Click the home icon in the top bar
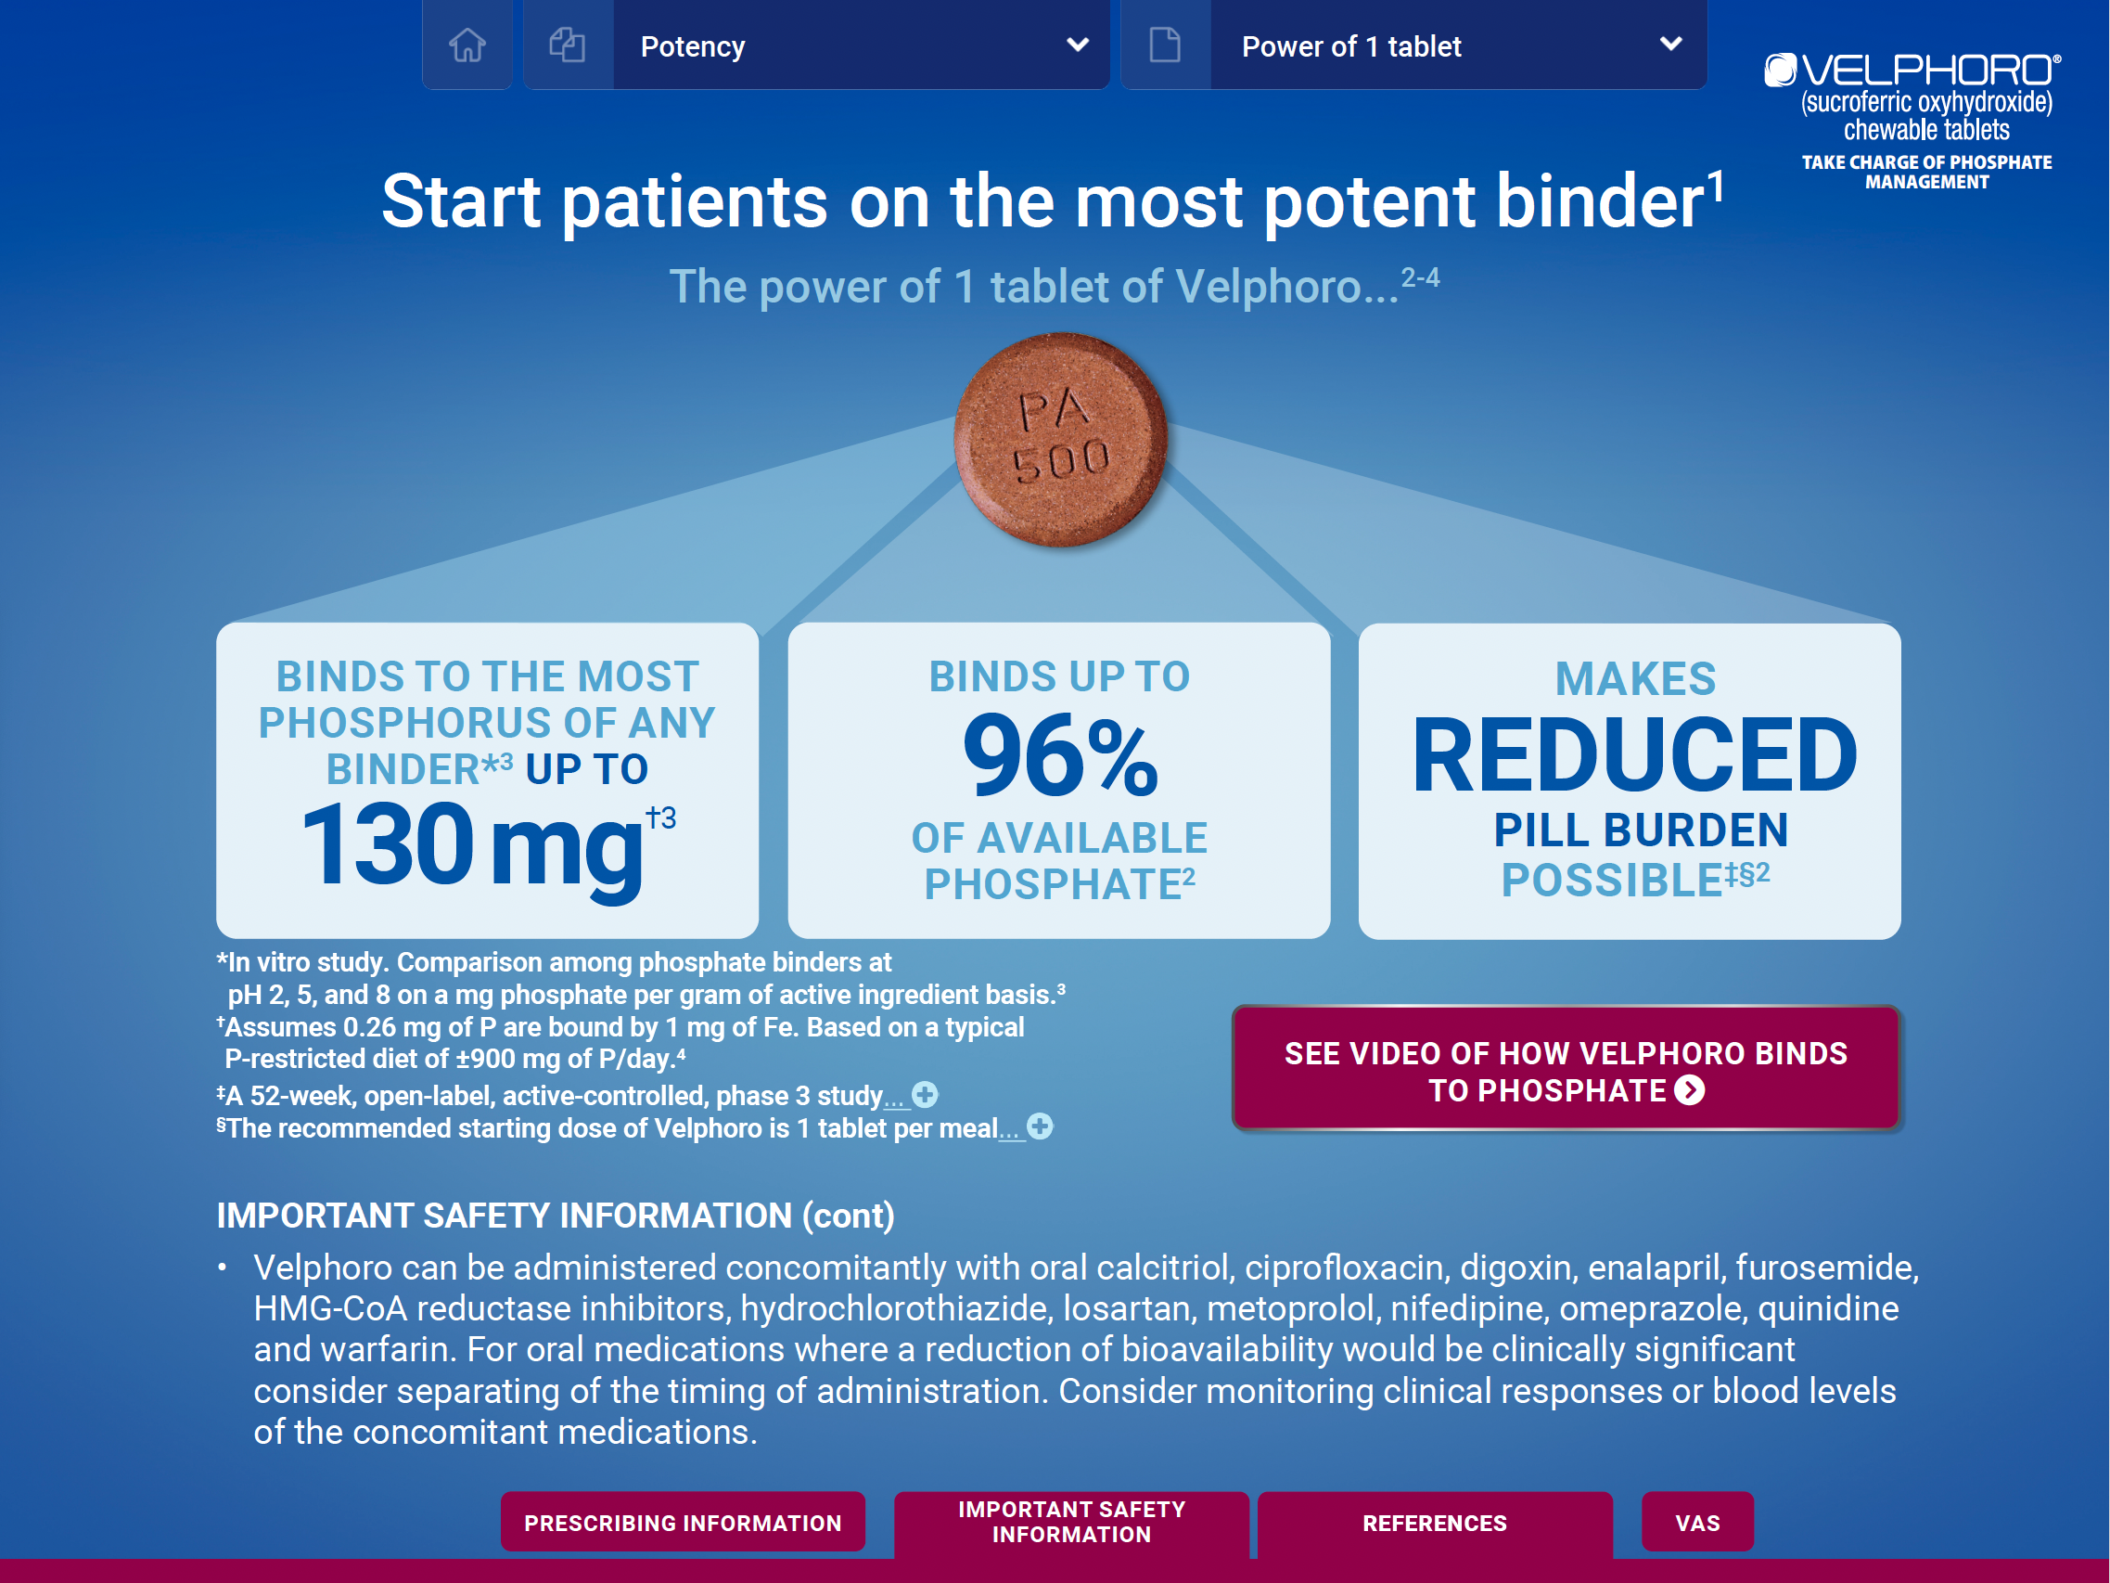(x=467, y=45)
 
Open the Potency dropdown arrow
(x=1078, y=45)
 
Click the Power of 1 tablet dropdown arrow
(x=1670, y=44)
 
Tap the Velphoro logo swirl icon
(x=1780, y=70)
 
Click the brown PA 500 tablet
(x=1061, y=439)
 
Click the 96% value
(x=1060, y=755)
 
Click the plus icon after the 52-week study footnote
(x=925, y=1094)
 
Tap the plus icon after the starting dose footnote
(x=1040, y=1126)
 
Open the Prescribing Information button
(x=683, y=1522)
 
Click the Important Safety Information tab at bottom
(x=1071, y=1523)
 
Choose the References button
(x=1435, y=1524)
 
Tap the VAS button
(x=1697, y=1522)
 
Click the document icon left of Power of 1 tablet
(x=1165, y=45)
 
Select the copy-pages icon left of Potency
(x=567, y=45)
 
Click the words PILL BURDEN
(x=1640, y=830)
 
